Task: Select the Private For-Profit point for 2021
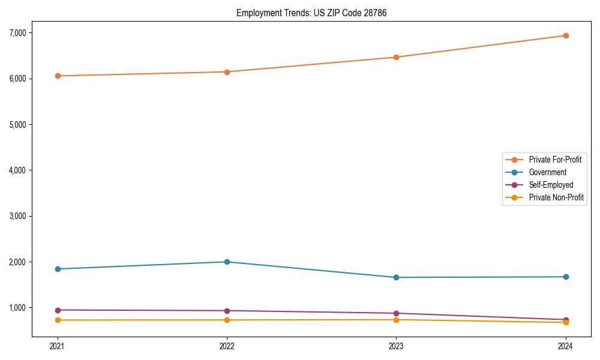tap(58, 76)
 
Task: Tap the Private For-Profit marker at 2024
tap(566, 35)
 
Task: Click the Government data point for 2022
tap(227, 262)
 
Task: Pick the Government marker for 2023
tap(396, 277)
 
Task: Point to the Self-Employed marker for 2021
tap(58, 310)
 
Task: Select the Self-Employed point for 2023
tap(396, 313)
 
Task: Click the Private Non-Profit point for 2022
tap(227, 320)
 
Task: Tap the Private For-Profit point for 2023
tap(396, 57)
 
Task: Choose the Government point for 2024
tap(566, 277)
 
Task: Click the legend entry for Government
tap(547, 172)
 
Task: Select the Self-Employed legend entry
tap(551, 185)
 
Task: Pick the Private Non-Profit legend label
tap(556, 197)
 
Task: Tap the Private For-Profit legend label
tap(555, 160)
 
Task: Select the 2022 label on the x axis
tap(227, 346)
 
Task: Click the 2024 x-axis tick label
tap(566, 346)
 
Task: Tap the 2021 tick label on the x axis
tap(58, 346)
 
